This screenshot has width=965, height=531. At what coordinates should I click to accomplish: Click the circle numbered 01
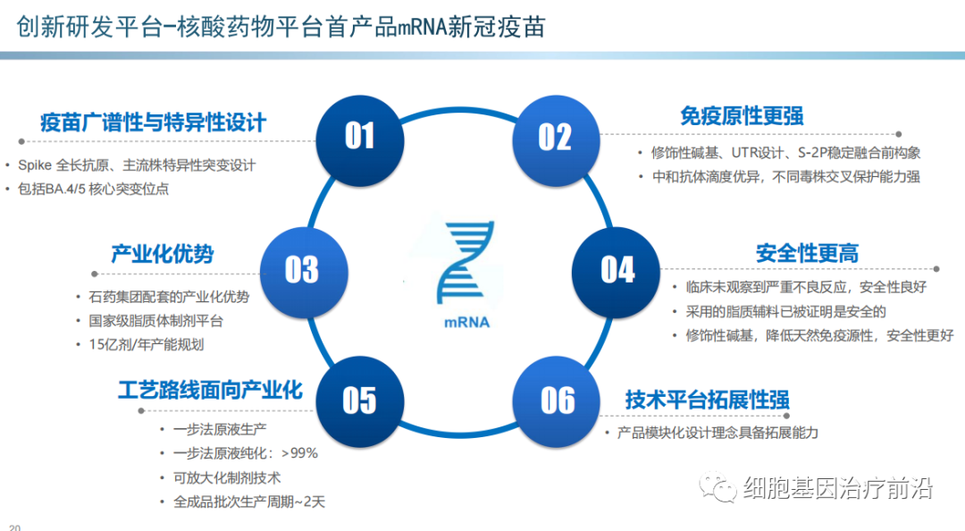tap(359, 136)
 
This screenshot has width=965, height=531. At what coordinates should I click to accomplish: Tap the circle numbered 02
tap(554, 136)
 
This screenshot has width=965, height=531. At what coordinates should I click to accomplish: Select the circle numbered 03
tap(301, 269)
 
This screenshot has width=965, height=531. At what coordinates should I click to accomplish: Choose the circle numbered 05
tap(359, 400)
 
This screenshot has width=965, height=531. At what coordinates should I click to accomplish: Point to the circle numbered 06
tap(558, 400)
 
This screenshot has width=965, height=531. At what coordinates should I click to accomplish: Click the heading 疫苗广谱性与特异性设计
tap(153, 122)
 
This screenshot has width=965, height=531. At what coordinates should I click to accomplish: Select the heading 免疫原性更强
tap(742, 115)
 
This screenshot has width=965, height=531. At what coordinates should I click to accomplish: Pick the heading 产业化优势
tap(162, 253)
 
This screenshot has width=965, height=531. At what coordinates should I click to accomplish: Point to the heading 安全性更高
tap(807, 253)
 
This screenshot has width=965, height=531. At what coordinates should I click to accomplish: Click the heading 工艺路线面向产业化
tap(210, 391)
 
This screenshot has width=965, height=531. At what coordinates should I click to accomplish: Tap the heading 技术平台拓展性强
tap(707, 400)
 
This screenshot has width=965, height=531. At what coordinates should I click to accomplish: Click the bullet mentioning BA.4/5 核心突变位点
tap(99, 189)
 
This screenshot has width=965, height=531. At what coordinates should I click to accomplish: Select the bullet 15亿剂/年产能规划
tap(138, 344)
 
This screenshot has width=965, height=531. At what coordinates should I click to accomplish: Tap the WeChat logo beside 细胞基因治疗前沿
tap(719, 487)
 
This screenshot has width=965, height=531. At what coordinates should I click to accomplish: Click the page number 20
tap(13, 527)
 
